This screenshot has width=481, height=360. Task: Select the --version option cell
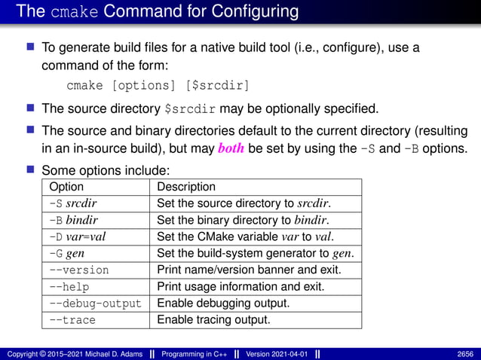(x=78, y=270)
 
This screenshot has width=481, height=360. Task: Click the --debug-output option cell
(x=95, y=304)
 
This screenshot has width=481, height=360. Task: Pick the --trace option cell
(x=72, y=320)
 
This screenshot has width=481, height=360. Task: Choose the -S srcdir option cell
(x=73, y=203)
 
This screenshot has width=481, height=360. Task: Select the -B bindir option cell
(x=73, y=220)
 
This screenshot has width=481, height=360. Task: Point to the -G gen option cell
(x=66, y=253)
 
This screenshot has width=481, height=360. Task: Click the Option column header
(x=66, y=187)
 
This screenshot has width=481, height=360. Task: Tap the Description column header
(x=186, y=187)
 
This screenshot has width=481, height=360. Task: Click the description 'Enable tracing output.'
(x=213, y=320)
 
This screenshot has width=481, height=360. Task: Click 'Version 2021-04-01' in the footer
(x=275, y=353)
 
